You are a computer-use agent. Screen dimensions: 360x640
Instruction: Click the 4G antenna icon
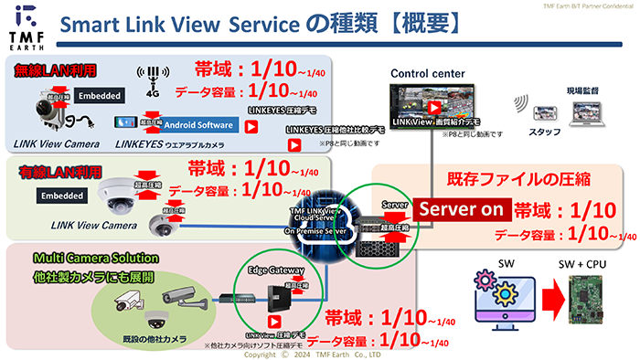149,79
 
